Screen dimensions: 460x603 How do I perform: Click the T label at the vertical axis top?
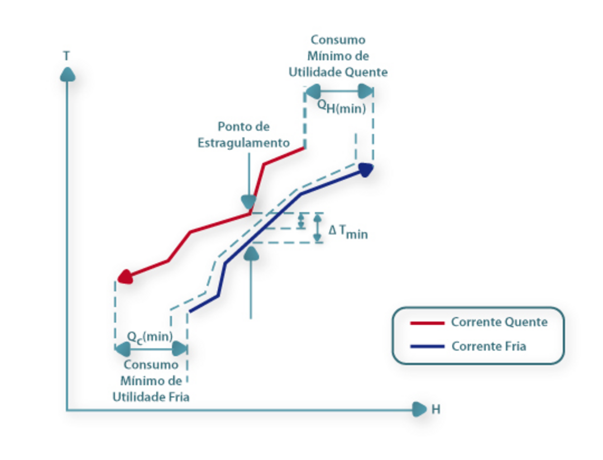point(66,56)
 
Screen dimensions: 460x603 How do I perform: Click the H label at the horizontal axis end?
point(436,410)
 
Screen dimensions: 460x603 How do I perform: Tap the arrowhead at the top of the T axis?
point(68,74)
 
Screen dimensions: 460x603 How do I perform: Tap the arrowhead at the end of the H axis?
point(419,410)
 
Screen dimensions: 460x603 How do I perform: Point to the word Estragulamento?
point(244,143)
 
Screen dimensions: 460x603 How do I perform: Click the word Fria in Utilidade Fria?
point(178,397)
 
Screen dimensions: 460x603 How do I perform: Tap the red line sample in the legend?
point(427,323)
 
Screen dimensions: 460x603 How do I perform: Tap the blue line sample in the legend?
point(427,347)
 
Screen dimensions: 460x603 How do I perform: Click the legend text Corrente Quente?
point(499,322)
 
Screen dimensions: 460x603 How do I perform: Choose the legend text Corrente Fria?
point(489,346)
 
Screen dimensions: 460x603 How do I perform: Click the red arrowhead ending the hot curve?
point(125,276)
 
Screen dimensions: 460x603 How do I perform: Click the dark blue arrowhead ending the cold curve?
point(366,169)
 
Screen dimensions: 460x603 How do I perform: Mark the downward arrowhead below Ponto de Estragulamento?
point(247,202)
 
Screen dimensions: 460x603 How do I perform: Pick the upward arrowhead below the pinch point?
point(252,252)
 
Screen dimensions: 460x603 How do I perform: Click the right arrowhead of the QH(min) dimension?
point(366,91)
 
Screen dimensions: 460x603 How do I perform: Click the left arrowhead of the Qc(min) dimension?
point(122,349)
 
